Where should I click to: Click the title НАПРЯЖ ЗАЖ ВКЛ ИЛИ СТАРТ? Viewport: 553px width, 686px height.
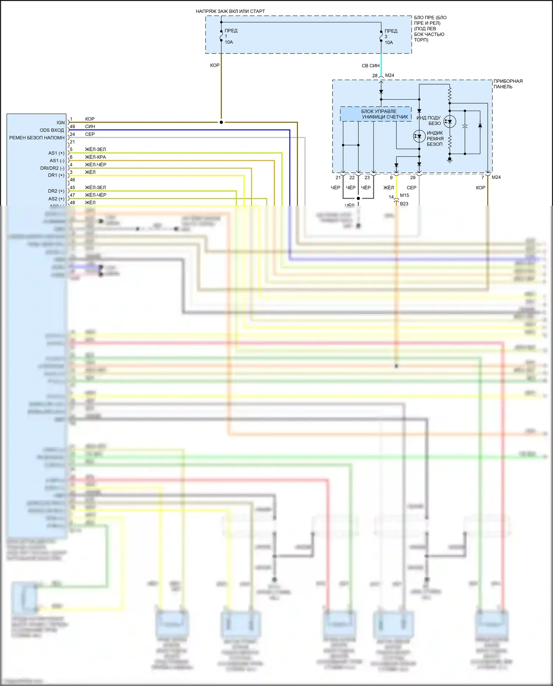coord(230,11)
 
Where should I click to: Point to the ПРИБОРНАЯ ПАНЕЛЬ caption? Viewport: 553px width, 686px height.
coord(508,84)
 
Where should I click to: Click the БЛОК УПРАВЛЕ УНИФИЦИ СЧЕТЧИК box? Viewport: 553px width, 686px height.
coord(376,114)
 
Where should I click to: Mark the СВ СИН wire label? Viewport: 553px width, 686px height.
coord(370,66)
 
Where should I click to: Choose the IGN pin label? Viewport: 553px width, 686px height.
coord(60,122)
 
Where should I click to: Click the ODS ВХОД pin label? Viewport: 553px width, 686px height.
coord(52,130)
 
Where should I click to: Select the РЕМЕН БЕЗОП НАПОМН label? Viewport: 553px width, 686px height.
coord(36,138)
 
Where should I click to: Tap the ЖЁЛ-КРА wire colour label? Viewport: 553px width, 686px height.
coord(95,157)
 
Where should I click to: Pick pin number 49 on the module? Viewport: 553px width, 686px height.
coord(72,126)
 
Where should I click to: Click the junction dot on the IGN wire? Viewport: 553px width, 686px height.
coord(221,122)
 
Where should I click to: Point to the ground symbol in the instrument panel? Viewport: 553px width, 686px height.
coord(449,160)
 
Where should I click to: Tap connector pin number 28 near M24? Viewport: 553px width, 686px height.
coord(375,76)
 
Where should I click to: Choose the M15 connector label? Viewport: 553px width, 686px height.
coord(404,195)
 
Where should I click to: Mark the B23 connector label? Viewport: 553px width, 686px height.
coord(404,203)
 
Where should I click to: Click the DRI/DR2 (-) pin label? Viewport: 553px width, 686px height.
coord(52,168)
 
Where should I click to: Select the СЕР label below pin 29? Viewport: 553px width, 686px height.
coord(411,188)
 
